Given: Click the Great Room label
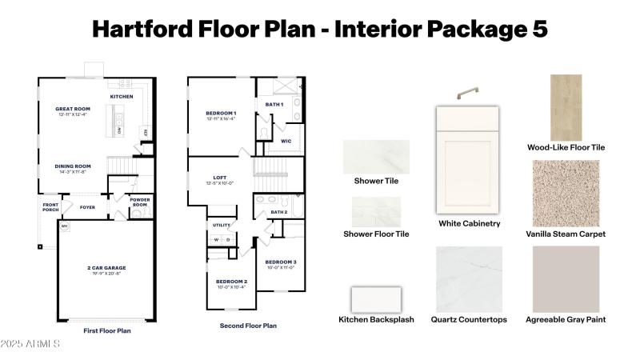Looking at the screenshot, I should click(x=73, y=109).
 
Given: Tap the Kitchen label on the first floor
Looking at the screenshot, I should click(x=122, y=96).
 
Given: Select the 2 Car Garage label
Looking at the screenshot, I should click(x=106, y=267).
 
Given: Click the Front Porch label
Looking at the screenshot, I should click(x=51, y=207).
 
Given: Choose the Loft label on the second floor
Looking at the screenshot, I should click(x=220, y=178).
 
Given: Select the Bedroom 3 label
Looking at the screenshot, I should click(x=281, y=262).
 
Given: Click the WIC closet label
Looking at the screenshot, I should click(x=286, y=141).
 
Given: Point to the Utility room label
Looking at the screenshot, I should click(x=222, y=226).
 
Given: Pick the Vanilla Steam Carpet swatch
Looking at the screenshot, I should click(x=566, y=193).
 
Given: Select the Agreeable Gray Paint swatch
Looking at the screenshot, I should click(x=566, y=278).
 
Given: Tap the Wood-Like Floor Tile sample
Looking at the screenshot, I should click(x=566, y=107).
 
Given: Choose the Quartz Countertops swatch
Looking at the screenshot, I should click(x=469, y=278).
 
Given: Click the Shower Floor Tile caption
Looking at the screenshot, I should click(x=376, y=234).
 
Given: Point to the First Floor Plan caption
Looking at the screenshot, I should click(x=106, y=330).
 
